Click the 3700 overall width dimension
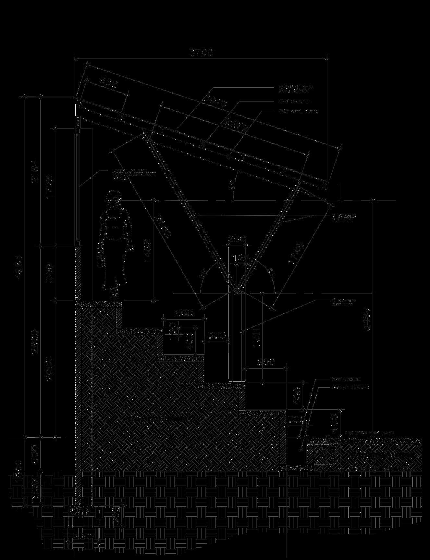pos(201,53)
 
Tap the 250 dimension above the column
pos(237,240)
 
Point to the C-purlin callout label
pos(294,102)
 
